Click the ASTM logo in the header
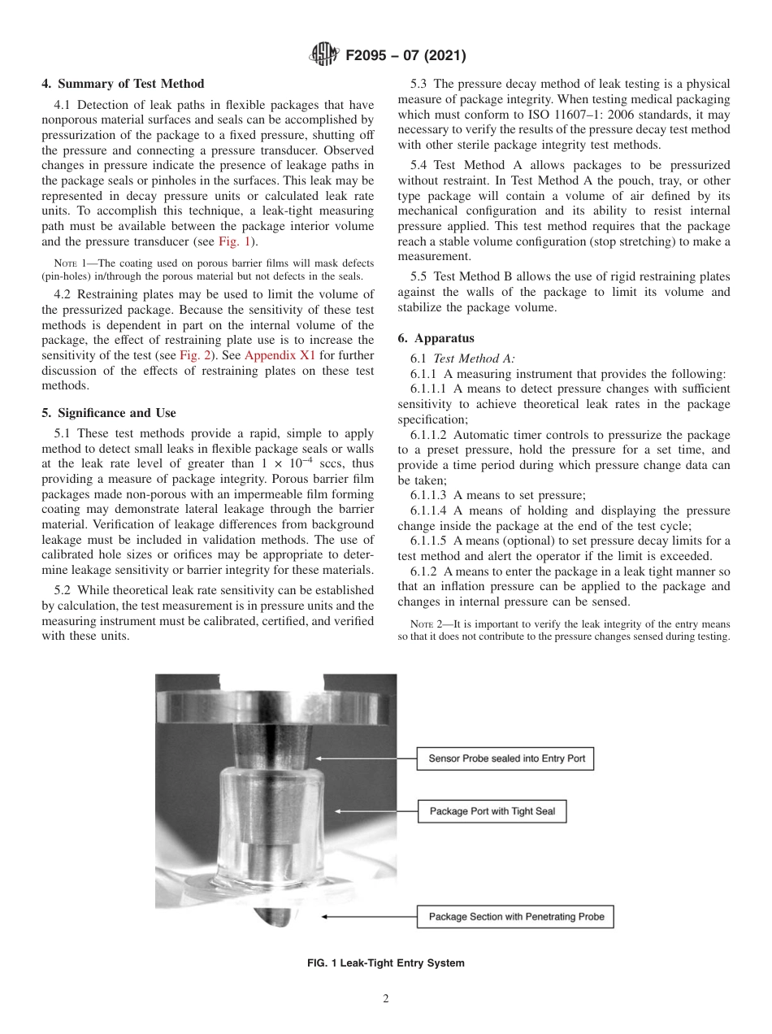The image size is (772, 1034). [323, 56]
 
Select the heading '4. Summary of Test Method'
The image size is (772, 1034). [123, 84]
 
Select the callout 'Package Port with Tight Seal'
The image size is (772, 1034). [492, 811]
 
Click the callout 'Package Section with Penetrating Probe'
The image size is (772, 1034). [516, 917]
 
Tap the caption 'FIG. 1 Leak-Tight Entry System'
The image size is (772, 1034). [385, 963]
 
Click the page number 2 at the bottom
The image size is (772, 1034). [386, 999]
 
